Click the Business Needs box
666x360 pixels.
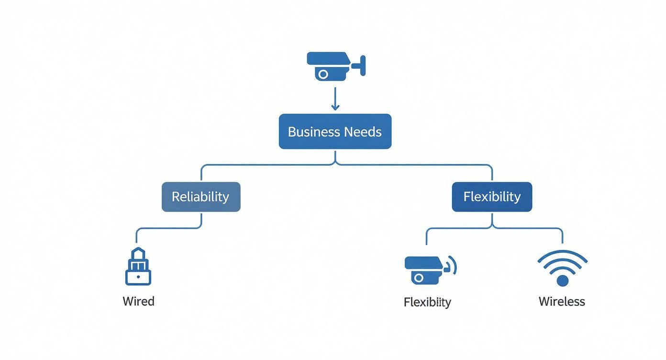pyautogui.click(x=335, y=132)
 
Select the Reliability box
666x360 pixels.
pyautogui.click(x=201, y=197)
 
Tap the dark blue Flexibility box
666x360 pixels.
pyautogui.click(x=492, y=197)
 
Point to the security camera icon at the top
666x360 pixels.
pyautogui.click(x=335, y=66)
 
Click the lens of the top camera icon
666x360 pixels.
pyautogui.click(x=323, y=74)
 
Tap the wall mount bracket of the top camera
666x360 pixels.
pyautogui.click(x=362, y=65)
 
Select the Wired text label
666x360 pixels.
pyautogui.click(x=138, y=302)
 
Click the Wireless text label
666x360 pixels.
pyautogui.click(x=562, y=302)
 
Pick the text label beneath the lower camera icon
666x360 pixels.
pyautogui.click(x=427, y=302)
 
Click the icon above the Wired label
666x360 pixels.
pyautogui.click(x=138, y=267)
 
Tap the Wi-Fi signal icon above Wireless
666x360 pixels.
pyautogui.click(x=562, y=268)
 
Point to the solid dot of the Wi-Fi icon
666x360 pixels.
pyautogui.click(x=563, y=281)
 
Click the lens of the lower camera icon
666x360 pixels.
pyautogui.click(x=419, y=278)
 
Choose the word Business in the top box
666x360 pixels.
pyautogui.click(x=311, y=132)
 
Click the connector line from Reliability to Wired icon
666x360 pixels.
pyautogui.click(x=167, y=228)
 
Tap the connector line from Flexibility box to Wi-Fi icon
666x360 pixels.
pyautogui.click(x=531, y=228)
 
